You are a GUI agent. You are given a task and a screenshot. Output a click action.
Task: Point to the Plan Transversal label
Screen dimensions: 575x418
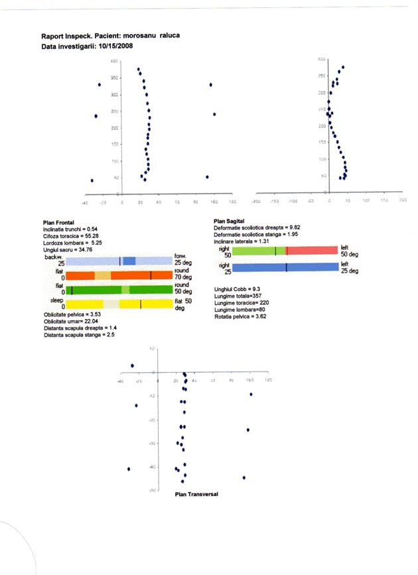point(196,494)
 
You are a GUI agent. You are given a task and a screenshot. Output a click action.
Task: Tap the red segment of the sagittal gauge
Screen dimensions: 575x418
point(312,251)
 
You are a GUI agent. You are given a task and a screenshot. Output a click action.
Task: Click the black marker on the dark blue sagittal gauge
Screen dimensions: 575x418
point(286,267)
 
